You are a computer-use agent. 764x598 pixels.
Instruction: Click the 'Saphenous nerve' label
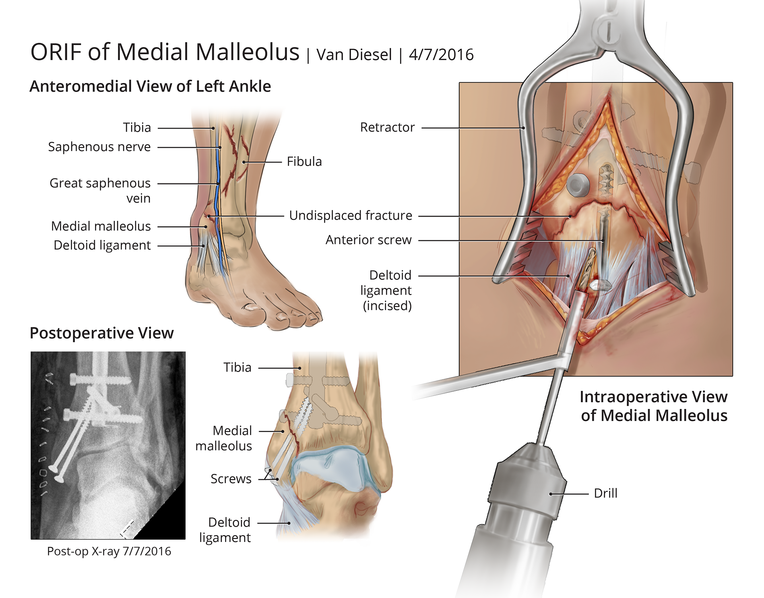[x=99, y=147]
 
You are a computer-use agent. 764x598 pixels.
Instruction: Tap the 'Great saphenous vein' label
[x=100, y=190]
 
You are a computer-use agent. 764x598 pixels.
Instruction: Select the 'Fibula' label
[x=304, y=162]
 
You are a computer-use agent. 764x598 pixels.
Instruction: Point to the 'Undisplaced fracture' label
[x=350, y=216]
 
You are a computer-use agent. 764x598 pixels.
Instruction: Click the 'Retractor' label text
[x=387, y=127]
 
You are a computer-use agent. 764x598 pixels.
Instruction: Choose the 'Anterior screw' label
[x=368, y=240]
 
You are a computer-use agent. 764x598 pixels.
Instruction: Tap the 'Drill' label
[x=605, y=493]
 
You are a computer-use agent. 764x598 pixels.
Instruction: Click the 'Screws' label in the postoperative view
[x=231, y=479]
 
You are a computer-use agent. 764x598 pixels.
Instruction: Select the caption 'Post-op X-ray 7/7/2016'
[x=109, y=551]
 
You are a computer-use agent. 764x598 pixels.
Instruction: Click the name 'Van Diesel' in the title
[x=354, y=55]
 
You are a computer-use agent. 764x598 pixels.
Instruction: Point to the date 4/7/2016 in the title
[x=441, y=55]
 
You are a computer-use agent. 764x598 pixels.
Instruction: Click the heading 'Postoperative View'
[x=101, y=333]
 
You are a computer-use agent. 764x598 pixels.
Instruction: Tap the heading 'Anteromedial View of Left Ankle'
[x=150, y=86]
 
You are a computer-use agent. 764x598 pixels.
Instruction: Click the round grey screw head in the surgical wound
[x=578, y=185]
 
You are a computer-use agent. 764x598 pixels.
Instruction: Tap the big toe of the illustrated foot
[x=253, y=308]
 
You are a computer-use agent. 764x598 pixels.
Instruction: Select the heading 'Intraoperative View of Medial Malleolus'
[x=653, y=406]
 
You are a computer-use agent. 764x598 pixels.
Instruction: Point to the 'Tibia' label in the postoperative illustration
[x=237, y=368]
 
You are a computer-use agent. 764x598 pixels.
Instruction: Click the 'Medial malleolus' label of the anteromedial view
[x=101, y=226]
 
